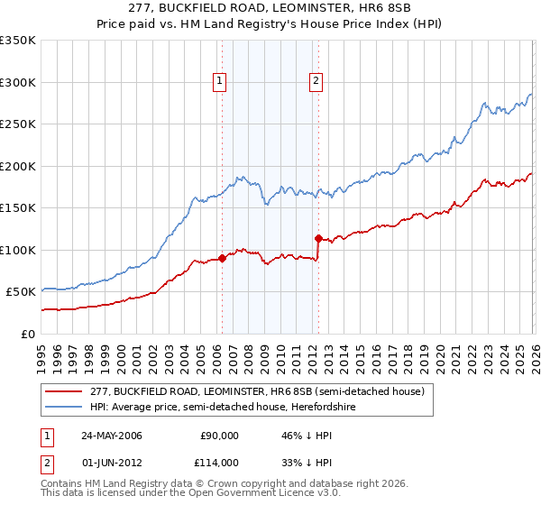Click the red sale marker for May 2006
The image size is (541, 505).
pos(222,259)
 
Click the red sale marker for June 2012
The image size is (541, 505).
pos(318,238)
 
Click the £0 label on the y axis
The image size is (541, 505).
pos(29,334)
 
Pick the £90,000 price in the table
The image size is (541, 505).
pos(220,436)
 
